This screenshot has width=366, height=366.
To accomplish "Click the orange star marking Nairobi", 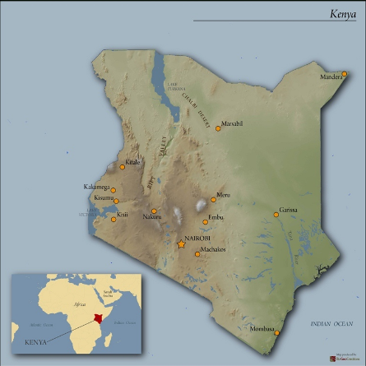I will pyautogui.click(x=182, y=243).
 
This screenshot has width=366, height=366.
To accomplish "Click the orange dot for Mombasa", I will pyautogui.click(x=277, y=333).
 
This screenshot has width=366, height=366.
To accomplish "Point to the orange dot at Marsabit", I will pyautogui.click(x=218, y=128).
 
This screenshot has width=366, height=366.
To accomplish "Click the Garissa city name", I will pyautogui.click(x=288, y=210).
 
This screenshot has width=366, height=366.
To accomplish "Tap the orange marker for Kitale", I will pyautogui.click(x=123, y=167).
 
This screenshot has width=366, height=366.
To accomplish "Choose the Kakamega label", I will pyautogui.click(x=96, y=188).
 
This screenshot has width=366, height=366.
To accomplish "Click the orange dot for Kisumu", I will pyautogui.click(x=117, y=201).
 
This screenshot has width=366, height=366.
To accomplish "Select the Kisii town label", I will pyautogui.click(x=123, y=215).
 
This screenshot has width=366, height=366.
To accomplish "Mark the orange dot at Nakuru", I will pyautogui.click(x=154, y=211).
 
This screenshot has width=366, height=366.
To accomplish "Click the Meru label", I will pyautogui.click(x=223, y=195).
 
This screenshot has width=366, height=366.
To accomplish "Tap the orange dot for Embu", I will pyautogui.click(x=206, y=221).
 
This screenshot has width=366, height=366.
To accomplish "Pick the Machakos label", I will pyautogui.click(x=213, y=249).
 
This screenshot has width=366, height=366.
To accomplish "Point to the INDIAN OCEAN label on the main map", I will pyautogui.click(x=331, y=325).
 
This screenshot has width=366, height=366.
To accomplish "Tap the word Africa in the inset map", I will pyautogui.click(x=80, y=303).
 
